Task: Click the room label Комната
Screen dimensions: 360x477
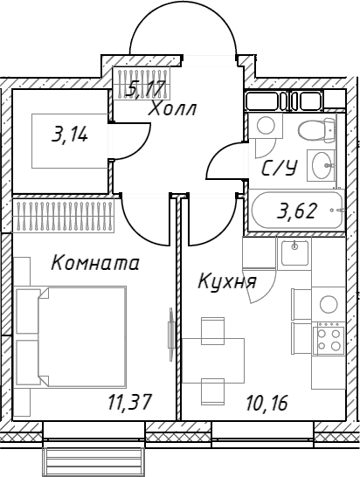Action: point(95,263)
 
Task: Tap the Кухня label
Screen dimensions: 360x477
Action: point(227,281)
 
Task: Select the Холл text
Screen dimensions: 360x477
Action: point(172,108)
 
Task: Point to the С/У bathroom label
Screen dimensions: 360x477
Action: point(280,169)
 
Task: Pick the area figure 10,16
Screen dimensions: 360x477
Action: point(267,403)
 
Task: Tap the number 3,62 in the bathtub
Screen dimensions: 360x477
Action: point(297,211)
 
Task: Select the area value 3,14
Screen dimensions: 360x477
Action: point(70,135)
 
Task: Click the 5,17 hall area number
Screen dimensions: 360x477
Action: point(147,88)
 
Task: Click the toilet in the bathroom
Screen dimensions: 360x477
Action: point(317,130)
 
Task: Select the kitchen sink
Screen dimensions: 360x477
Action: point(294,252)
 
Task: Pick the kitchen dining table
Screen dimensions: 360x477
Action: point(213,361)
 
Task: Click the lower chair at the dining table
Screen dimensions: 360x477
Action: point(212,391)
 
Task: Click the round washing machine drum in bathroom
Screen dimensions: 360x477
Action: point(266,125)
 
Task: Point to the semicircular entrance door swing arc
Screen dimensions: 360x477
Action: point(183,22)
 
